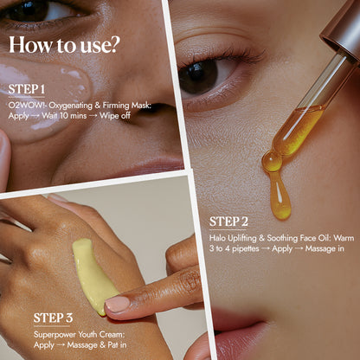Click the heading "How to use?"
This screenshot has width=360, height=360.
tap(64, 45)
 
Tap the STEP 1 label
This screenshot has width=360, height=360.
tap(27, 89)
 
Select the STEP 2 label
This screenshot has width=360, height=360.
tap(228, 222)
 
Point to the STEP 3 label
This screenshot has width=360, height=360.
tap(53, 318)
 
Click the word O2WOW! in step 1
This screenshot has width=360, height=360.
tap(27, 106)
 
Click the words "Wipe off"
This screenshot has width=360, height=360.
tap(115, 116)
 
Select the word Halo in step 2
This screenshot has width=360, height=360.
tap(217, 238)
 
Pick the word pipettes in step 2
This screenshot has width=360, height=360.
tap(246, 248)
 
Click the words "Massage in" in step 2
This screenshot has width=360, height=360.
tap(325, 248)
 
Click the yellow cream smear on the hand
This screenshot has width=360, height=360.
tap(93, 275)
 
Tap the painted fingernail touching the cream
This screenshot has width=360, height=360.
tap(117, 305)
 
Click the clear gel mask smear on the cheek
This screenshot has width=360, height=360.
tap(43, 95)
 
